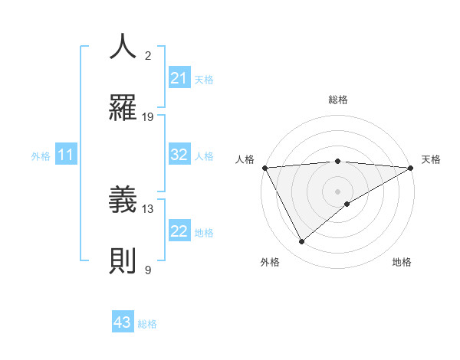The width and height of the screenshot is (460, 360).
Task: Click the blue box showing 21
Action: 179,78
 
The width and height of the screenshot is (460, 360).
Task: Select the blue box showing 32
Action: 179,155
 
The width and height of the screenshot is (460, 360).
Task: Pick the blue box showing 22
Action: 179,231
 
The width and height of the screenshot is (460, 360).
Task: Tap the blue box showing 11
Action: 65,155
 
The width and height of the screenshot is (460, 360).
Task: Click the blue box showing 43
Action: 122,322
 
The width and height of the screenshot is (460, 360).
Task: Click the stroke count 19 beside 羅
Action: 149,117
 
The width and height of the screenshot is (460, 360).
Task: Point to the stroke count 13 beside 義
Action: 149,208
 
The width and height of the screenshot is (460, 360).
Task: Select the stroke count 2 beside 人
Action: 149,56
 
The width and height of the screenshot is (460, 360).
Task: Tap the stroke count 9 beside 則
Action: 148,270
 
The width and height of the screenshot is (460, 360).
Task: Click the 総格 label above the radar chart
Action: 338,100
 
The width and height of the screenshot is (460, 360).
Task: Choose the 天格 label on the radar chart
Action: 431,159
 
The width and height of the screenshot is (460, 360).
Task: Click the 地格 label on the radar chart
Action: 402,262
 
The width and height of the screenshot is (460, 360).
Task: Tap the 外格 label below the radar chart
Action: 270,262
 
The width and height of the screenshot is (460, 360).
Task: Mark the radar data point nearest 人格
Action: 264,168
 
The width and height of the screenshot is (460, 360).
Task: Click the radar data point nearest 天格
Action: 411,168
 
